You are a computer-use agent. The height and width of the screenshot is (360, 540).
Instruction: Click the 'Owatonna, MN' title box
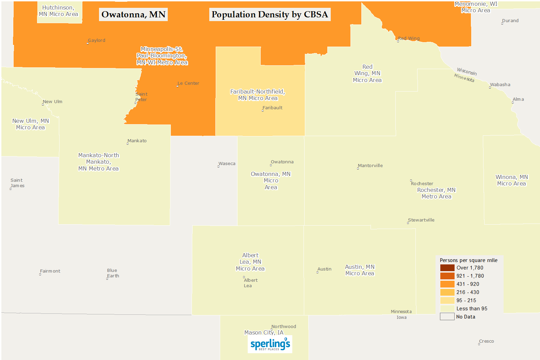133,15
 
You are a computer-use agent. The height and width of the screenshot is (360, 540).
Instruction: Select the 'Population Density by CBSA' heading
269,15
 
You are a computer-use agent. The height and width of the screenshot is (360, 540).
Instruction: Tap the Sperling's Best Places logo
270,344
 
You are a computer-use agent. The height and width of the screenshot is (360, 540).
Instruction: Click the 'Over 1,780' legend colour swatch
447,268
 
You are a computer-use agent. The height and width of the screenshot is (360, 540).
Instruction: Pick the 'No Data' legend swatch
447,317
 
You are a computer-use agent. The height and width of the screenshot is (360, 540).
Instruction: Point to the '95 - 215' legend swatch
447,300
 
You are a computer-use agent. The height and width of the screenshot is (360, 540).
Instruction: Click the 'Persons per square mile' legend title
468,260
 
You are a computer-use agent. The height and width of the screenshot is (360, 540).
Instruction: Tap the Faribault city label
272,108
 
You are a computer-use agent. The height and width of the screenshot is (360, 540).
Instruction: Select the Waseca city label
227,164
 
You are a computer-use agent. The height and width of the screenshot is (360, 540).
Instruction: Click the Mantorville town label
370,166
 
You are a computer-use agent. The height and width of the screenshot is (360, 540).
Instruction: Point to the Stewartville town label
421,220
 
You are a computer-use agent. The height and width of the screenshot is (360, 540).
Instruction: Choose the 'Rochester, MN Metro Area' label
436,193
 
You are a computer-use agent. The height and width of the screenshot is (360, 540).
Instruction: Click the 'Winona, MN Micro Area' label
511,180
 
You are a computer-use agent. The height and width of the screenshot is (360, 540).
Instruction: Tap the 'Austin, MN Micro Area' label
360,270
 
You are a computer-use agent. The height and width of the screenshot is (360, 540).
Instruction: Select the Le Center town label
189,83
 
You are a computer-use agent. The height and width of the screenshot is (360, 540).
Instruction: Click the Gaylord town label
97,40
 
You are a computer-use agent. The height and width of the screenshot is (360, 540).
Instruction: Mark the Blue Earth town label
113,273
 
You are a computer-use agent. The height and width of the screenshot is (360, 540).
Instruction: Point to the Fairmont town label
50,271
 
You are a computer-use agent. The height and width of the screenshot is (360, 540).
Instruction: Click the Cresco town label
486,341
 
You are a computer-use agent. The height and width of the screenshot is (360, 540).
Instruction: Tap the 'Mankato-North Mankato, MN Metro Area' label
98,162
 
